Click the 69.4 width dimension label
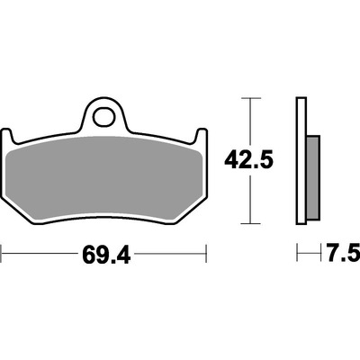tap(106, 254)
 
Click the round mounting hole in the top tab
tap(103, 116)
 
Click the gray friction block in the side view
tap(313, 177)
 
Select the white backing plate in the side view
tap(301, 160)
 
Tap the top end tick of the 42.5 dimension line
tap(251, 98)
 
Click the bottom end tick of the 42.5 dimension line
tap(251, 223)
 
